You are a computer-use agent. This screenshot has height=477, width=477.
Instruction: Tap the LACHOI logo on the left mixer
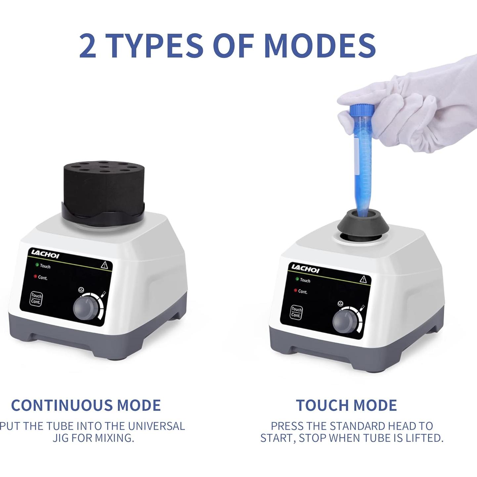(45, 254)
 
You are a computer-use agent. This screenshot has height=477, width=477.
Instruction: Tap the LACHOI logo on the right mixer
(305, 268)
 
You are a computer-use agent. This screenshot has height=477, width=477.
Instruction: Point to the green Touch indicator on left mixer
(37, 265)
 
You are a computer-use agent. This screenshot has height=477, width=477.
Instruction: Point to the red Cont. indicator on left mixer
(35, 276)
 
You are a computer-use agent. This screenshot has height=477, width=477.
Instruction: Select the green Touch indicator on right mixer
(297, 279)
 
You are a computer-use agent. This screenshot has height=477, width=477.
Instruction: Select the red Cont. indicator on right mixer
(295, 290)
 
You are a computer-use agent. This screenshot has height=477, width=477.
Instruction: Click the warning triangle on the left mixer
(104, 265)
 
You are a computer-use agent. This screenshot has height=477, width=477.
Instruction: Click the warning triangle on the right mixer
(363, 279)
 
